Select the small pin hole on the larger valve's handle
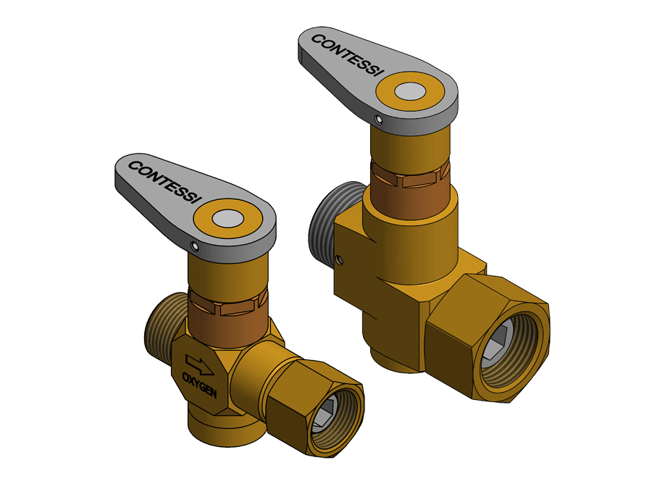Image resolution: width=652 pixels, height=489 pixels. click(378, 118)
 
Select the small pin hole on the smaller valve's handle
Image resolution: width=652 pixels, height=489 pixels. click(193, 246)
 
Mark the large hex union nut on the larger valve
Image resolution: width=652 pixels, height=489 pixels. click(456, 340)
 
